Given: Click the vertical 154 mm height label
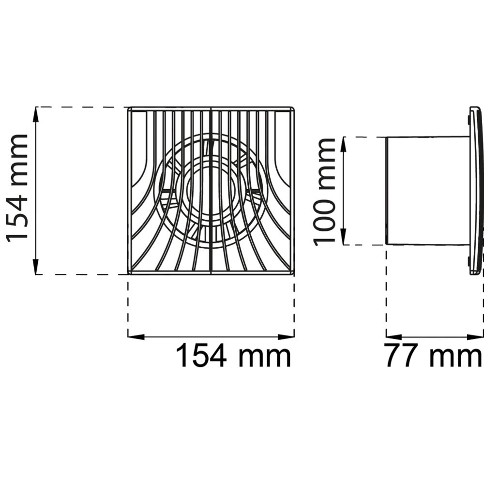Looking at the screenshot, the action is [17, 188].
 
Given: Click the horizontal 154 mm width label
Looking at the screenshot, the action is [233, 356].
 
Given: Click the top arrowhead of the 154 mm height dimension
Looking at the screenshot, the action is [36, 115].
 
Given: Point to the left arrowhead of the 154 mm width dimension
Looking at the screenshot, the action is [136, 337].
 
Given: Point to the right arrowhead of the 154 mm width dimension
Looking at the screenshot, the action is [286, 337].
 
